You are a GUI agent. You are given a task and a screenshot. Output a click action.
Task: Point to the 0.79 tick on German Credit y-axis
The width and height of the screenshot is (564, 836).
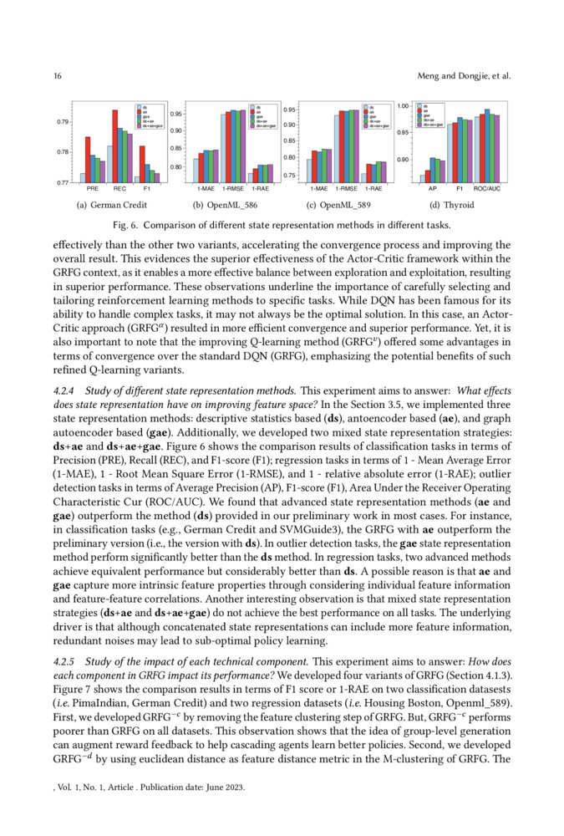coord(62,122)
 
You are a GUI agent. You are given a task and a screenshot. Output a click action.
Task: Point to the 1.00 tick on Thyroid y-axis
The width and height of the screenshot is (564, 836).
coord(403,106)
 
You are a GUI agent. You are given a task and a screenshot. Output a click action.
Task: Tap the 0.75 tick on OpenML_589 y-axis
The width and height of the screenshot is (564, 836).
coord(289,176)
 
